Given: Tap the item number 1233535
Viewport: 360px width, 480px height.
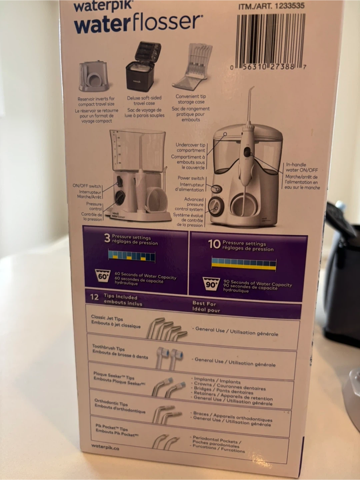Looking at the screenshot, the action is [289, 6].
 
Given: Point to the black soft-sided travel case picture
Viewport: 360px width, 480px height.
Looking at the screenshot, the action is [143, 67].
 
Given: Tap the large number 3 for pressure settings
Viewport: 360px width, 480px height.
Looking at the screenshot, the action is [107, 238].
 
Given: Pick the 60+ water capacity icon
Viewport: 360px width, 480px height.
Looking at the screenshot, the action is [103, 276].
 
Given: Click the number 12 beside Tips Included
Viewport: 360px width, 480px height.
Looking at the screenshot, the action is [94, 297].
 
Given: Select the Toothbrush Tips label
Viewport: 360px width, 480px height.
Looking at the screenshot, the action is [108, 347].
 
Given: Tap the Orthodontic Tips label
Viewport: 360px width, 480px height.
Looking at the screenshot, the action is [111, 402].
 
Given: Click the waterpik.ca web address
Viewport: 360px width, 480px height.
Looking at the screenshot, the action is [105, 447].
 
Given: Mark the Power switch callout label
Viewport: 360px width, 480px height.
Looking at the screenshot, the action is [191, 178].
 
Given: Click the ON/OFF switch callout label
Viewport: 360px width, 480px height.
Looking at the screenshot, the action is [87, 186].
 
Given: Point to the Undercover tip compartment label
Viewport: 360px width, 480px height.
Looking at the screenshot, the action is [191, 148].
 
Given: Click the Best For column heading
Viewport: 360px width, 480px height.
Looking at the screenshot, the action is [204, 304].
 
